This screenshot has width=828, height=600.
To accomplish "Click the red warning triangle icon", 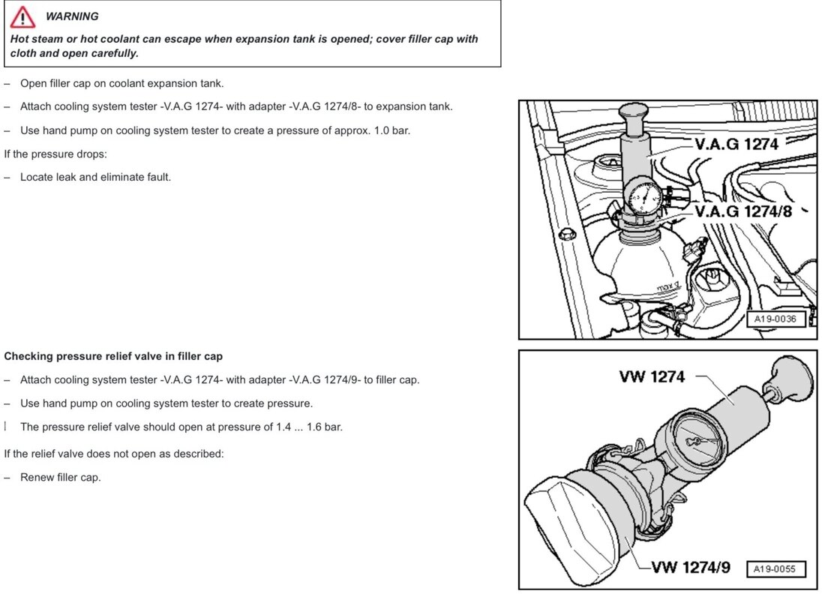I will click(22, 16).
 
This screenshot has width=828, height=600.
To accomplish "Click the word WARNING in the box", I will click(72, 16).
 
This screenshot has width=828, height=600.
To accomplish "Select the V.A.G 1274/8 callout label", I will click(743, 211).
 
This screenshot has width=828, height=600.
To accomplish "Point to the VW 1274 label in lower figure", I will click(652, 376).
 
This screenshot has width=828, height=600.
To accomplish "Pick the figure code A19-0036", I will click(775, 319).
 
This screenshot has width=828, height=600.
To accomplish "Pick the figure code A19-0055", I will click(775, 568).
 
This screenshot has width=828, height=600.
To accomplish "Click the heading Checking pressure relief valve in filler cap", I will click(113, 356).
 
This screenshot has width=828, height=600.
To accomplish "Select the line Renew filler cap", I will click(60, 477).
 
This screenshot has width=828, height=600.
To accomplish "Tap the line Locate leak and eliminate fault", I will click(95, 178).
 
